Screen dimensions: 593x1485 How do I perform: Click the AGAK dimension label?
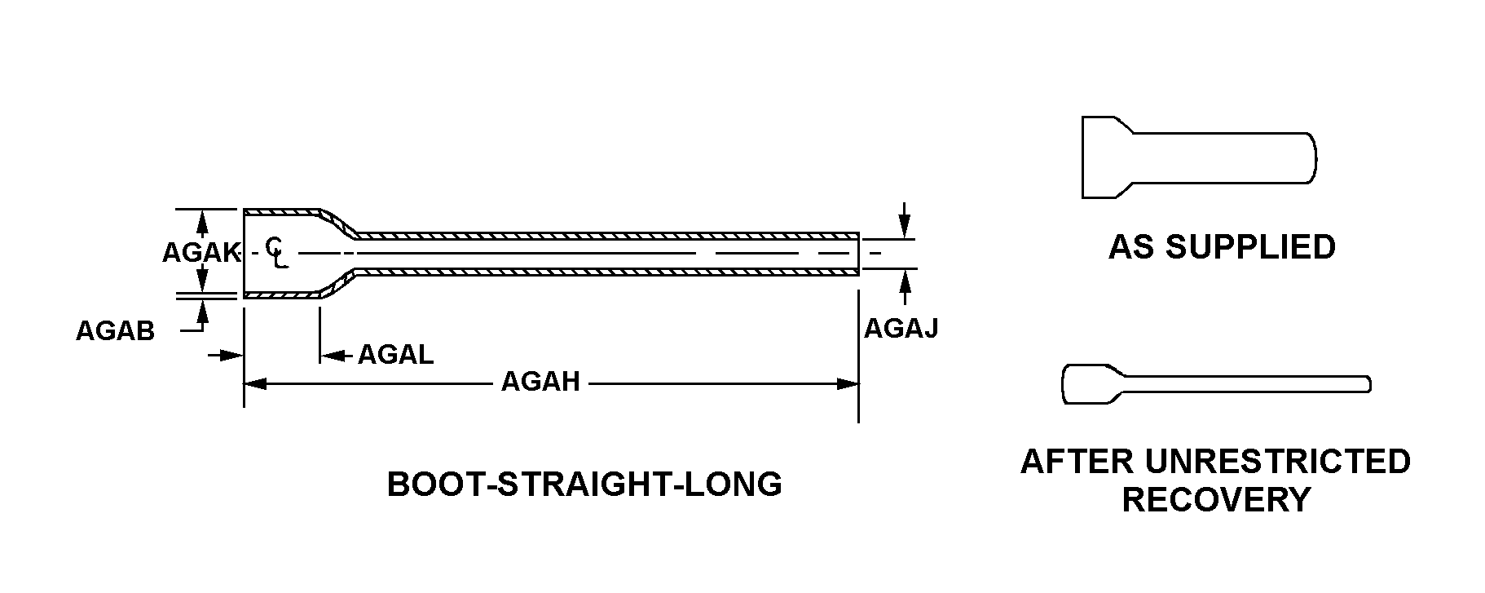[200, 253]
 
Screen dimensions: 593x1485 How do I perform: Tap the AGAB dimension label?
[115, 331]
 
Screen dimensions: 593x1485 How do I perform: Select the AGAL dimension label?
[395, 355]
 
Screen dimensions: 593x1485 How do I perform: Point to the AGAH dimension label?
[540, 382]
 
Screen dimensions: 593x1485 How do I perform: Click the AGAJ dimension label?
[901, 329]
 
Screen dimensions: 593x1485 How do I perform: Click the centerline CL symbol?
[275, 251]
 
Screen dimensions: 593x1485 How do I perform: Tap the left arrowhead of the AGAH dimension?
[255, 383]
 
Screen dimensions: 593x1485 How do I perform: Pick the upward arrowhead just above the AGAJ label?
[904, 281]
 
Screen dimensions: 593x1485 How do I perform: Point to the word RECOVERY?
[1216, 499]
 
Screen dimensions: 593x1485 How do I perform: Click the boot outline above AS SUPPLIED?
[1198, 157]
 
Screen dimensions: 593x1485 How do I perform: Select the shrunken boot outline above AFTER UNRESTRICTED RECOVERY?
[1214, 383]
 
